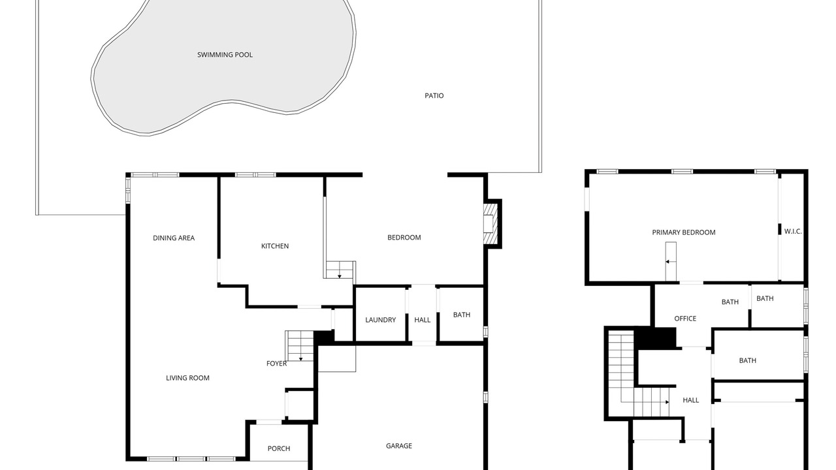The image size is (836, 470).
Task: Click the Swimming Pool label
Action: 225,55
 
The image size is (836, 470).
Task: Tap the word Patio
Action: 434,96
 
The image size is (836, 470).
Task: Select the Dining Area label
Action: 174,238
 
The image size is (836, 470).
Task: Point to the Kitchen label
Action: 275,246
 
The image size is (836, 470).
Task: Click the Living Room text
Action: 187,378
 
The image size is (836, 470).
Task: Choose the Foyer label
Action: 276,364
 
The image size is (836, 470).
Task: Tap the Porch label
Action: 279,448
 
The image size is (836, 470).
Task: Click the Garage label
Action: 399,446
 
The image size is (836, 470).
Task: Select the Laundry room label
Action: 380,320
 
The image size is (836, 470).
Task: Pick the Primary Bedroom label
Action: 684,233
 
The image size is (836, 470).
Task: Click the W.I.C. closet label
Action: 793,232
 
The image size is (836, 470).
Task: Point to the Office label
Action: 685,319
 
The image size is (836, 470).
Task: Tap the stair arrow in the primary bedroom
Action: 671,262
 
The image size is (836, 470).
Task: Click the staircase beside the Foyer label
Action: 299,346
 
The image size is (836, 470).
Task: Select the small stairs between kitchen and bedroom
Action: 340,270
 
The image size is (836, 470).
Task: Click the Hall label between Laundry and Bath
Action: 422,320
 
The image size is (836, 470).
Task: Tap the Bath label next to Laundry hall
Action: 462,315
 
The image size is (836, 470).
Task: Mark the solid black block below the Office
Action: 656,338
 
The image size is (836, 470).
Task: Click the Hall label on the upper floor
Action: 691,401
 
